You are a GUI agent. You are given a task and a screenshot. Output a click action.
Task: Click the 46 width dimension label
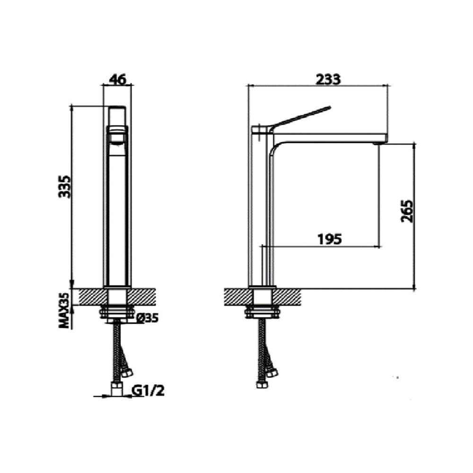coord(117,79)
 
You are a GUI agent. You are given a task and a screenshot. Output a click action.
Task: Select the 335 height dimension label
coord(64,186)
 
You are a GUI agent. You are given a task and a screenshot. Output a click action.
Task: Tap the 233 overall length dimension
coord(328,79)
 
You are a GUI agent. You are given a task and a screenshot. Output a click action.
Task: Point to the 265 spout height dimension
coord(407,210)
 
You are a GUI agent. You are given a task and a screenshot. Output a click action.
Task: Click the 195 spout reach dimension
coord(330,239)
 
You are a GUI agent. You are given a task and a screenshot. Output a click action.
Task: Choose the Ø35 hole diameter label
coord(147,318)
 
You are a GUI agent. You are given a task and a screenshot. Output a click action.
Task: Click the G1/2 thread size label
coord(148,391)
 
